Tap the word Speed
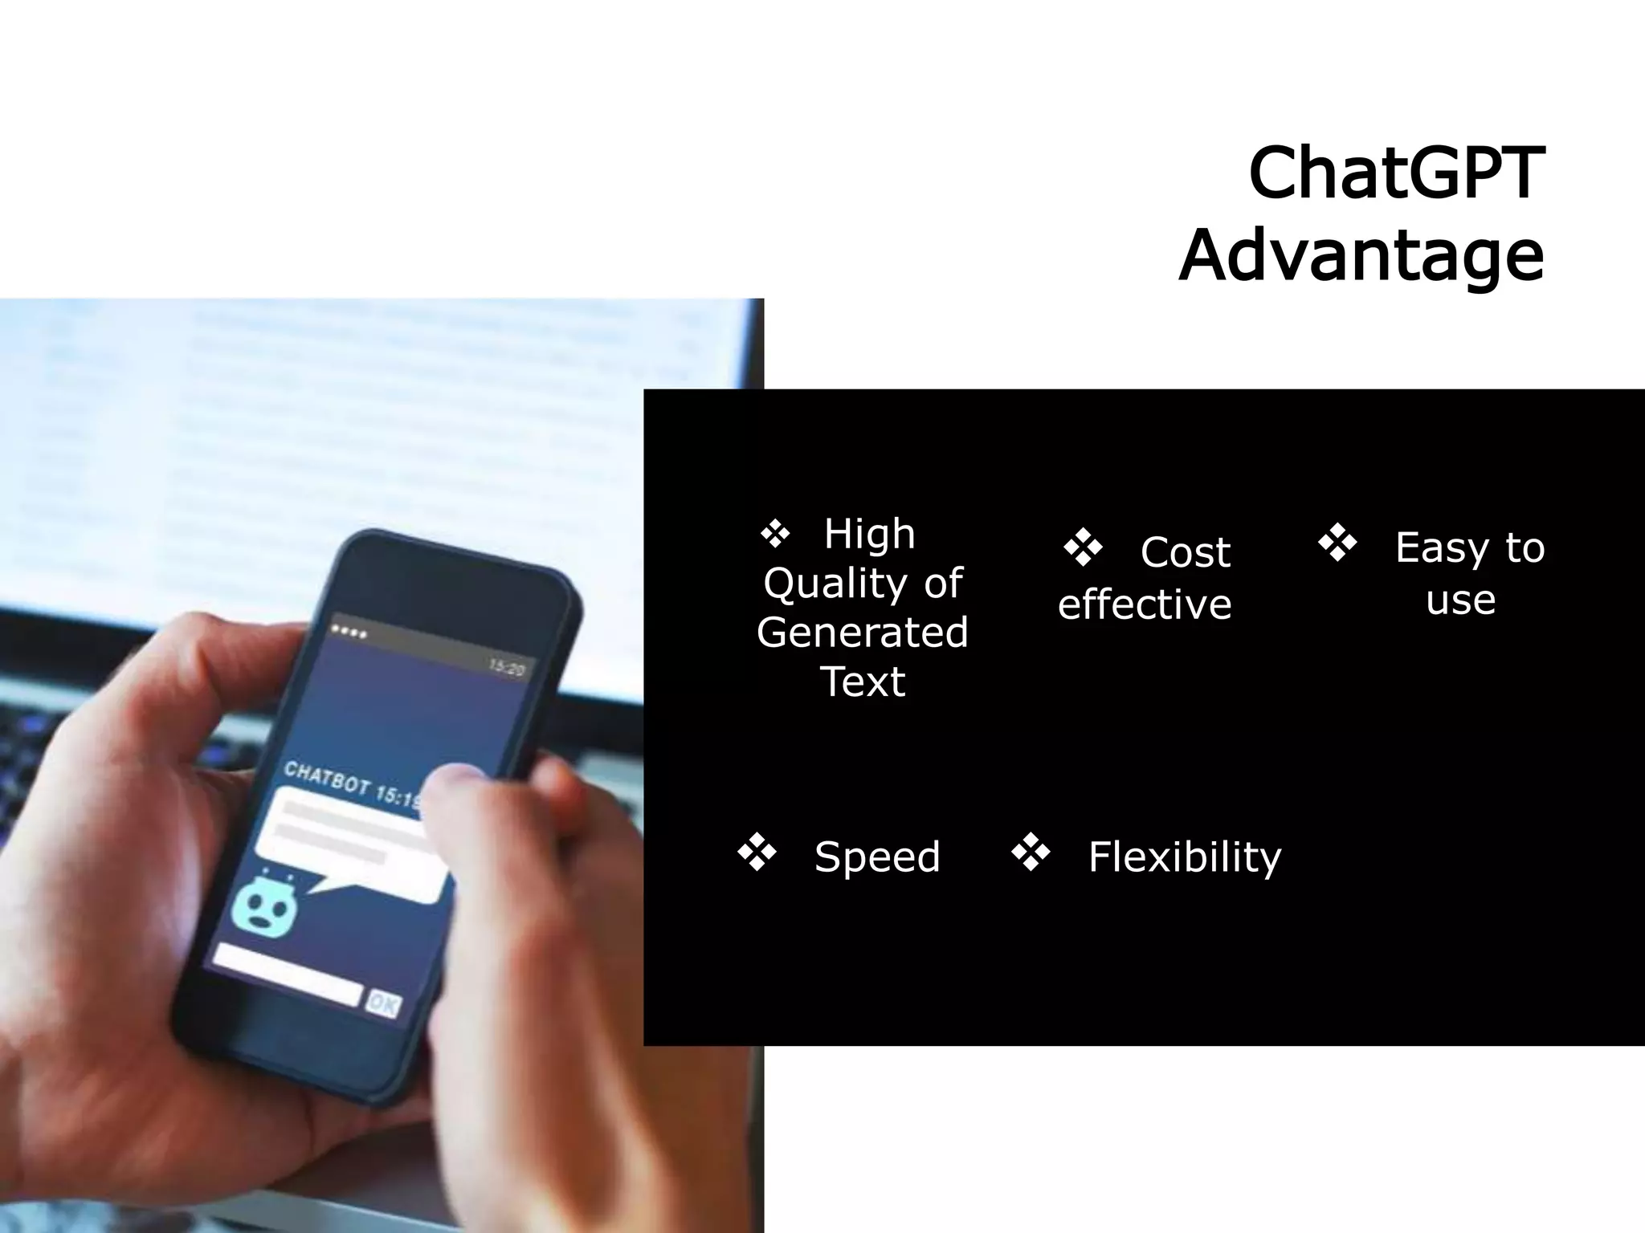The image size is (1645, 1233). pos(877,857)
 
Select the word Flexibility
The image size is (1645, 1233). pos(1184,857)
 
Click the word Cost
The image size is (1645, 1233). pos(1185,552)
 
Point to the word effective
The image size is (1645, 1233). pos(1144,604)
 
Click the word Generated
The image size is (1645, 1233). pos(863,633)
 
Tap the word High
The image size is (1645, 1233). pos(869,534)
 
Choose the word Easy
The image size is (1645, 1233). pos(1442,548)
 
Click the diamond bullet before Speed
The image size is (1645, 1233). pos(757,853)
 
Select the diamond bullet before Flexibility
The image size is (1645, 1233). pos(1031,853)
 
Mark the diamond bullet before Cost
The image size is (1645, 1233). pos(1083,547)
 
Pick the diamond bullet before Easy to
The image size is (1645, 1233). pos(1337,543)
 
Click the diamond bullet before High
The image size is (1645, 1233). pos(776,533)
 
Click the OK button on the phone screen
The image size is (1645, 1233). pos(383,1003)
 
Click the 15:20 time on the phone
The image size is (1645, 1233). pos(506,668)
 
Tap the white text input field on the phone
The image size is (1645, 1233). pos(288,974)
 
